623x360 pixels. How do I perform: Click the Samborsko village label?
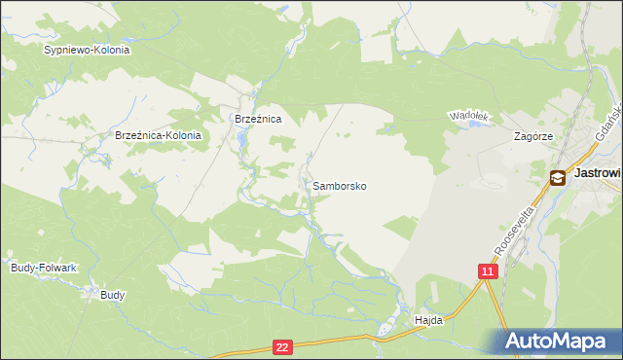click(339, 185)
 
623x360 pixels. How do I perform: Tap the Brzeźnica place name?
click(258, 119)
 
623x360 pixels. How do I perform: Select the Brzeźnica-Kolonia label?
click(158, 136)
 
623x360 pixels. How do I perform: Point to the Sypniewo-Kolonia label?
click(87, 49)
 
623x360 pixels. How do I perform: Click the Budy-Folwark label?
click(43, 267)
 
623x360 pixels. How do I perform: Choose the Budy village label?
click(112, 294)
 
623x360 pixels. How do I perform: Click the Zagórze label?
click(533, 137)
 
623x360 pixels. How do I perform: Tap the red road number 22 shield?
click(282, 346)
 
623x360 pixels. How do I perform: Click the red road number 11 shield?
click(489, 271)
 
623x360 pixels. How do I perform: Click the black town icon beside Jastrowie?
click(558, 177)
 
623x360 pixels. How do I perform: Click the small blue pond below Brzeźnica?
click(241, 144)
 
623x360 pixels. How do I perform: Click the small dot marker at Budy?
click(105, 288)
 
